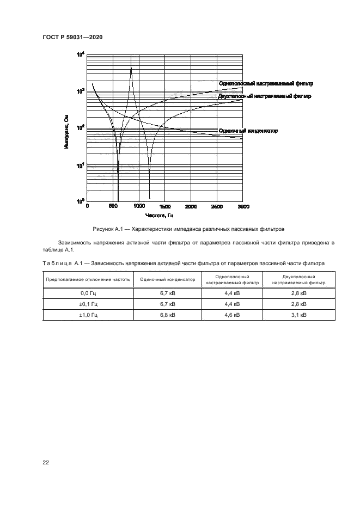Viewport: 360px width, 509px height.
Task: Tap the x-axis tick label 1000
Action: tap(139, 207)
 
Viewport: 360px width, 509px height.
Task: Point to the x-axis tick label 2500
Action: tap(217, 207)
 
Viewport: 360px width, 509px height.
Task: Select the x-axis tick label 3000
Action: tap(243, 207)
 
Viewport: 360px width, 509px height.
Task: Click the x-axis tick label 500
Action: tap(113, 207)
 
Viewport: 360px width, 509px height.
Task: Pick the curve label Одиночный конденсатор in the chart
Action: tap(248, 131)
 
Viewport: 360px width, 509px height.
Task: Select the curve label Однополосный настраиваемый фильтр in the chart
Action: tap(266, 83)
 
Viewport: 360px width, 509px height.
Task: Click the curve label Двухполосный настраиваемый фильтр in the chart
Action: tap(264, 96)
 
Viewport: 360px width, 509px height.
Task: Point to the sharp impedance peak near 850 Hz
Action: tap(131, 68)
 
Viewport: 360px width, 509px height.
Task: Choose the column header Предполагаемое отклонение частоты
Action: tap(88, 279)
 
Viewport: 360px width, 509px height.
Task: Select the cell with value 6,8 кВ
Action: tap(167, 315)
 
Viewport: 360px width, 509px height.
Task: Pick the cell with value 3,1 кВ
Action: tap(298, 315)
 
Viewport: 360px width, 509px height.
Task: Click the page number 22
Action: tap(46, 462)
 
